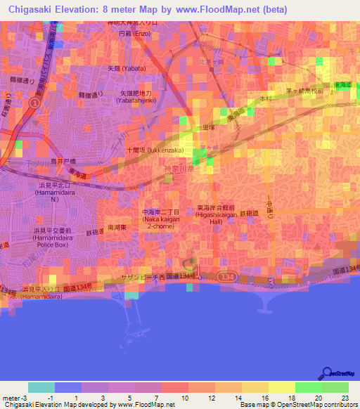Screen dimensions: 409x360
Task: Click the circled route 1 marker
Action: pyautogui.click(x=34, y=103)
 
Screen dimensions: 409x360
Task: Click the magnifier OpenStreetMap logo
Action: pyautogui.click(x=328, y=374)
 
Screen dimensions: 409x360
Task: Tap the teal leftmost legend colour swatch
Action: pyautogui.click(x=41, y=387)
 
